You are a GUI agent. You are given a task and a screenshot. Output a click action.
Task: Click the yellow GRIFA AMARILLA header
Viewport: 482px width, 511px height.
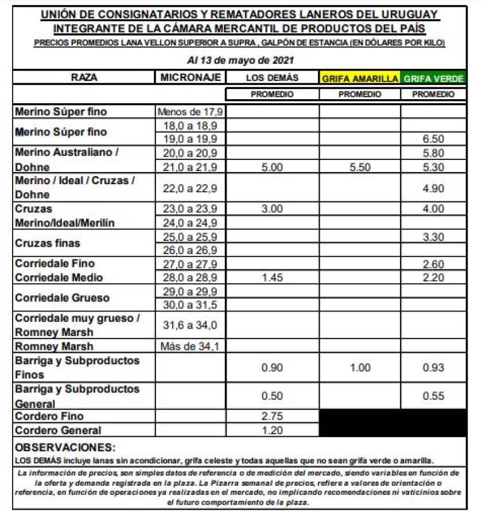tap(360, 79)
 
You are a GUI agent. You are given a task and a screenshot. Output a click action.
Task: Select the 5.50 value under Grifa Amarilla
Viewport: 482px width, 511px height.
tap(360, 167)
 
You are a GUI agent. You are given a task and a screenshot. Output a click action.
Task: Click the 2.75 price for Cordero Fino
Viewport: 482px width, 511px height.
tap(272, 416)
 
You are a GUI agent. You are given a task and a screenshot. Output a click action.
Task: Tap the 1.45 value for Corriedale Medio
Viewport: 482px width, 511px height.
tap(272, 278)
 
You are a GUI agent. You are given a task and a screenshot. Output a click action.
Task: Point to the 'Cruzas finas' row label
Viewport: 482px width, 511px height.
tap(48, 243)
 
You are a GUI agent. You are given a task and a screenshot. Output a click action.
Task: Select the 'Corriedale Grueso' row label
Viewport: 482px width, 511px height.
tap(62, 298)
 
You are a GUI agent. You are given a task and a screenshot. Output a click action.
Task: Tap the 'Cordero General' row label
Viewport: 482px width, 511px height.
tap(58, 430)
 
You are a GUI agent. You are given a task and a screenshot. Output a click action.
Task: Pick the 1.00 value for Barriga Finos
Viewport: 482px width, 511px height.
tap(360, 368)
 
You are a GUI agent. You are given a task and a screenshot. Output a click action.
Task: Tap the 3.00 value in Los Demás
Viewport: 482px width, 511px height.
tap(272, 209)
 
